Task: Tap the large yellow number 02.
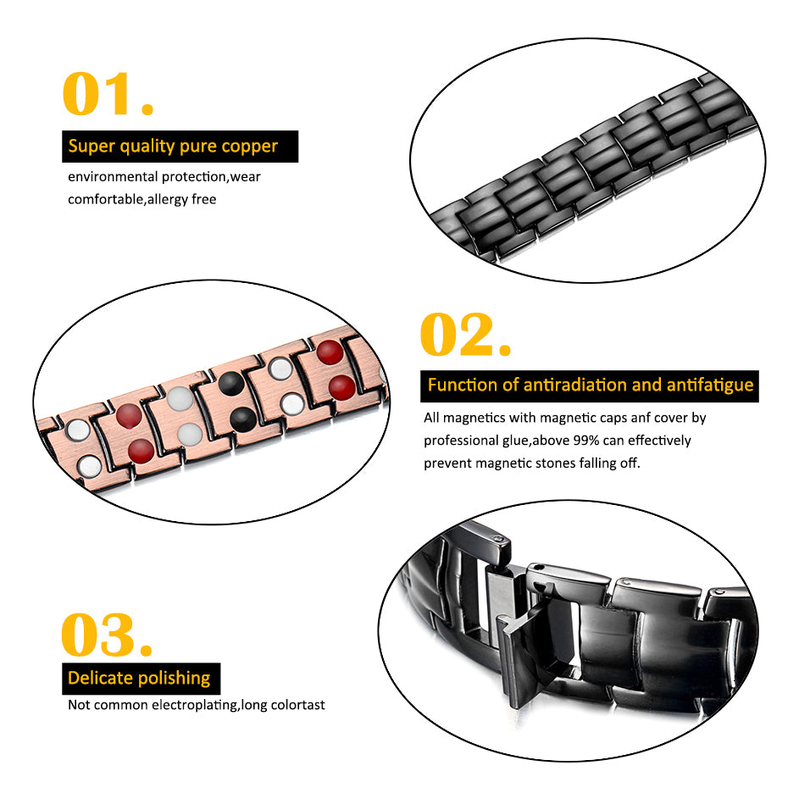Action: click(465, 334)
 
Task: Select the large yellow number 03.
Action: click(106, 635)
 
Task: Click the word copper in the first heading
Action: click(250, 147)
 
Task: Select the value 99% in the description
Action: click(586, 441)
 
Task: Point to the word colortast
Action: click(297, 705)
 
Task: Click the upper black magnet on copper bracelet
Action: click(231, 384)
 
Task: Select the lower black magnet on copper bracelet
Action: click(242, 419)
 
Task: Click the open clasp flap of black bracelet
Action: click(523, 653)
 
